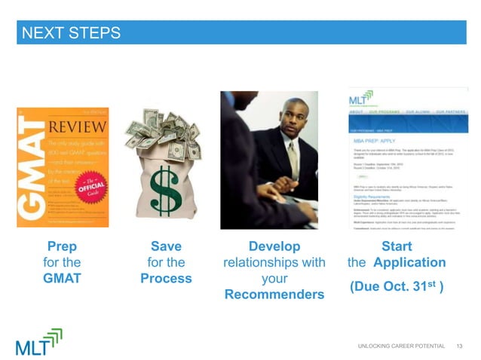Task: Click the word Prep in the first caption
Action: click(62, 246)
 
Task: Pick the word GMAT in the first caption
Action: click(62, 278)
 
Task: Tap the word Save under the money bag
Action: click(166, 246)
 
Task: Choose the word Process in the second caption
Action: click(166, 278)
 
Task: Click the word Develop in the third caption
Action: click(274, 246)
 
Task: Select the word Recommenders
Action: click(274, 294)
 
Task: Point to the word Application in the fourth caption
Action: click(409, 262)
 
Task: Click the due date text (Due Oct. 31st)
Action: click(396, 288)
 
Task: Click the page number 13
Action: click(461, 345)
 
